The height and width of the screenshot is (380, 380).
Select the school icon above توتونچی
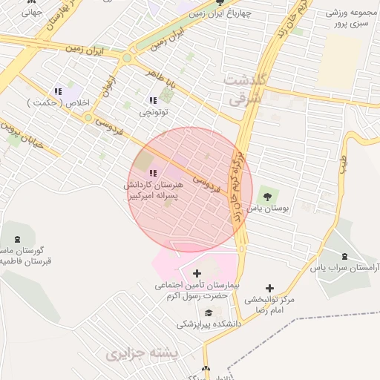[153, 99]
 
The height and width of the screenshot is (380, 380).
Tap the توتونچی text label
[154, 113]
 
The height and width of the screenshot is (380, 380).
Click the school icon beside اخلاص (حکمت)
[59, 91]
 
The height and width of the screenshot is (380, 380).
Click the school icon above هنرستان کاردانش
[154, 173]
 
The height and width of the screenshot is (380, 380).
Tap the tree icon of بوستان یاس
[266, 196]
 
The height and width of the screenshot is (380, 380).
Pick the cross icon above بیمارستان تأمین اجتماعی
[196, 273]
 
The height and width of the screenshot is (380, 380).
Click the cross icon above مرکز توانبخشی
[269, 287]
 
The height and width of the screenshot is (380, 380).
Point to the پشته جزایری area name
[142, 355]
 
